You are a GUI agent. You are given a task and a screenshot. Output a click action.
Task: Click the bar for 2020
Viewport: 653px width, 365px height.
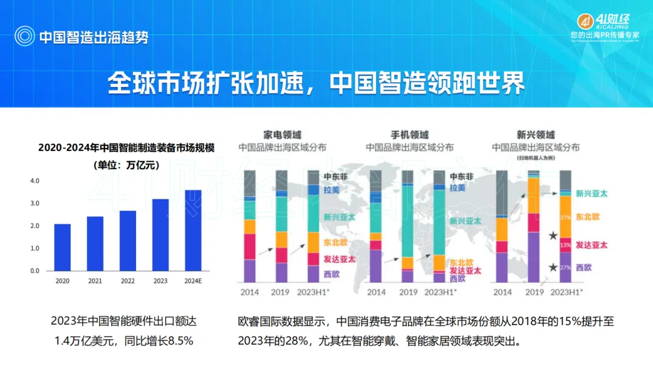(x=62, y=247)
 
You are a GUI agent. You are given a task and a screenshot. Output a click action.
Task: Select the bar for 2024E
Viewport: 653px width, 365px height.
(x=193, y=230)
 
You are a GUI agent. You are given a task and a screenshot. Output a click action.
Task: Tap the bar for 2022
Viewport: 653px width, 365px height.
(x=128, y=241)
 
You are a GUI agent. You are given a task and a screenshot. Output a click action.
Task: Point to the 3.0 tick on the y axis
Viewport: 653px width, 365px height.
(x=34, y=203)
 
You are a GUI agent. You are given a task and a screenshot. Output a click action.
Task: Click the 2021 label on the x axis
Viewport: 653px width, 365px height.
(x=95, y=281)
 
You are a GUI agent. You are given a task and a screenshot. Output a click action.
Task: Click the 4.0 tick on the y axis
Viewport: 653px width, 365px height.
(x=34, y=181)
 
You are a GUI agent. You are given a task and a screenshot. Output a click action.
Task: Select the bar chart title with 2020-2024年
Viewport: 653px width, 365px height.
(x=127, y=147)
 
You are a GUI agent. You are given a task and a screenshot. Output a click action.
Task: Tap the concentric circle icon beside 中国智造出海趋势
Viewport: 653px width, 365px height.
(x=25, y=36)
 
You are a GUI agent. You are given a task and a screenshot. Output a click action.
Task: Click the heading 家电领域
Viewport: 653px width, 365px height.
(x=282, y=135)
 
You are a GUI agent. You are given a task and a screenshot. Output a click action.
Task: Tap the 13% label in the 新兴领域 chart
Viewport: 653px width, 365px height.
(x=565, y=245)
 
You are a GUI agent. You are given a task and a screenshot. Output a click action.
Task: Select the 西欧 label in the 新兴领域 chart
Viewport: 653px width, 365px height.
(x=584, y=267)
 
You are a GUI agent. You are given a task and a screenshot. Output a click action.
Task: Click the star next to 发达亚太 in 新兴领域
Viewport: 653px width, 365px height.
(x=551, y=236)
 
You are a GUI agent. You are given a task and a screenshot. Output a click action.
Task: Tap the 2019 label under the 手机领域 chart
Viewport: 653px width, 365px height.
(x=408, y=292)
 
